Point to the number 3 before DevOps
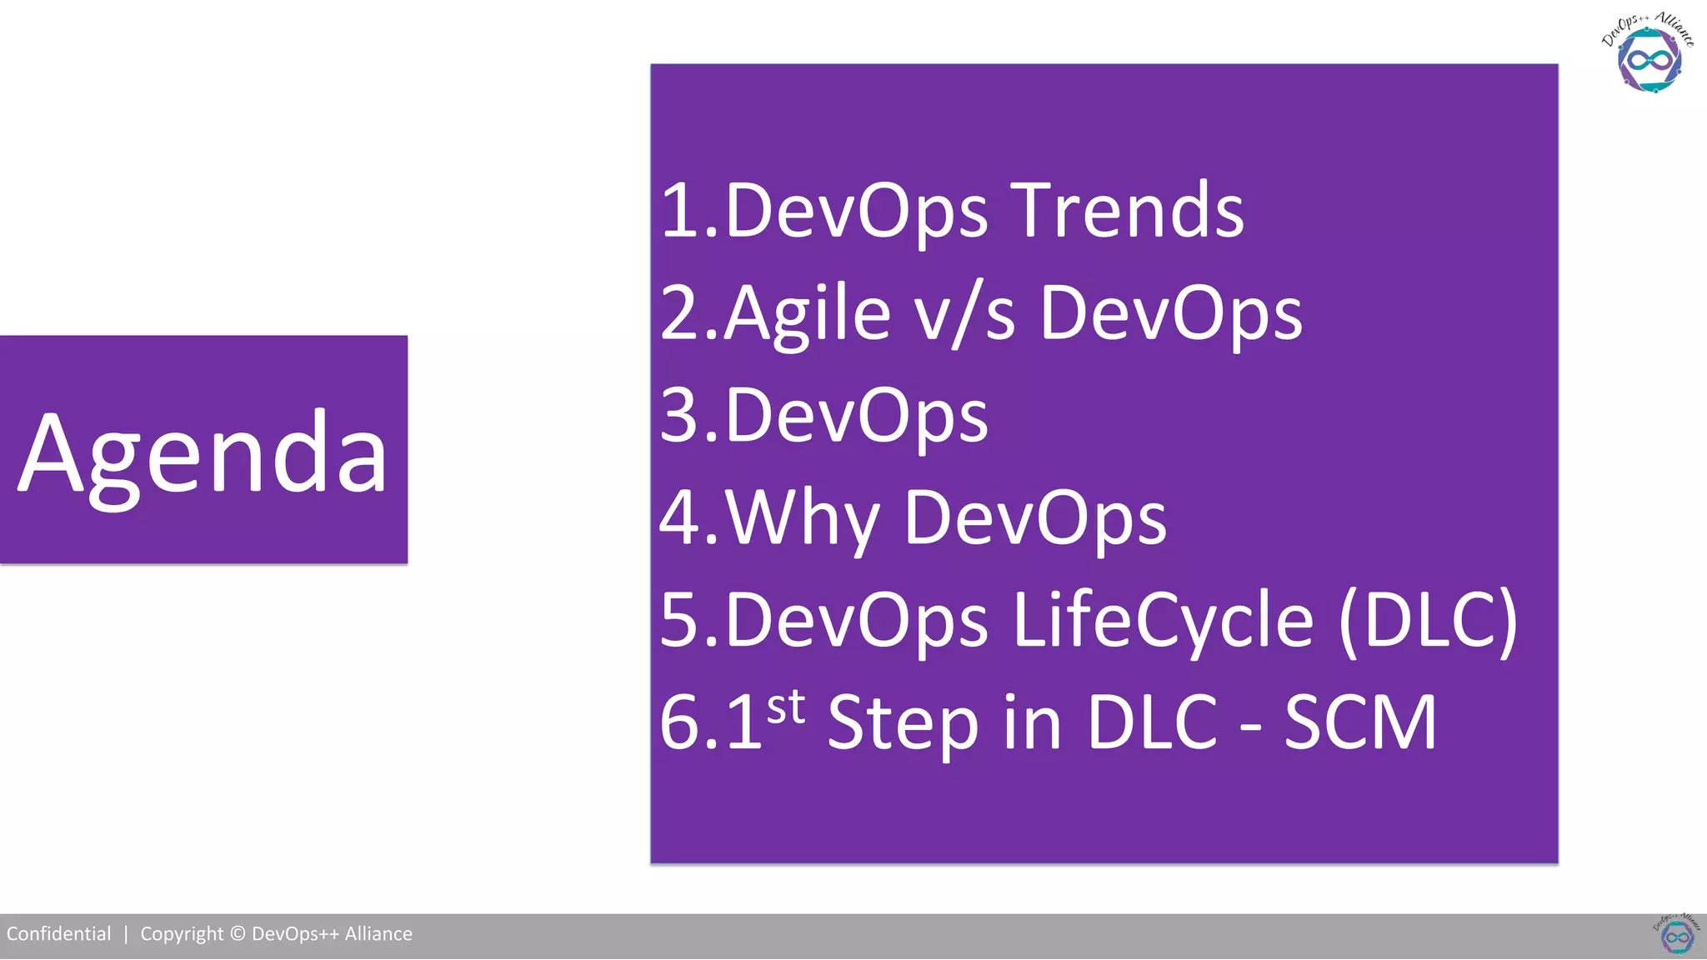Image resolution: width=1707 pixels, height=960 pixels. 678,416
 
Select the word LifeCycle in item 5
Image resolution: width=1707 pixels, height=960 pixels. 1164,621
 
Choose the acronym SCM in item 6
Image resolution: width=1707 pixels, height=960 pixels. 1360,723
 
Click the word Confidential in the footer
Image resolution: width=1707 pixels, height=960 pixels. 58,934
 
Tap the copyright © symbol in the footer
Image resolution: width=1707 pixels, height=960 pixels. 238,934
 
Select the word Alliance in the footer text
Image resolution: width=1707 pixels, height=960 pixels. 378,934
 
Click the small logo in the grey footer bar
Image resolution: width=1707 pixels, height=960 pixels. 1677,935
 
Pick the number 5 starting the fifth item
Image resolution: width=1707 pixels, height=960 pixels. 678,621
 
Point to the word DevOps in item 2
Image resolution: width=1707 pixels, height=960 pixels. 1171,314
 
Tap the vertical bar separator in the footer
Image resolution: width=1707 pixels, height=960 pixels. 126,934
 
